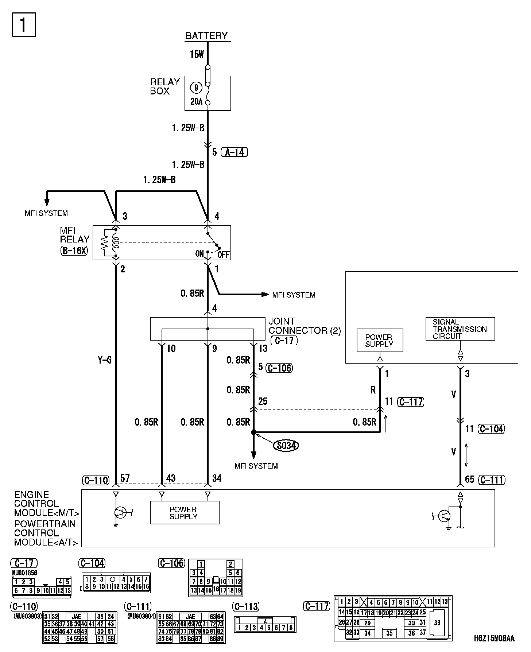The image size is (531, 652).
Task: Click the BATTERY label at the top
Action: click(x=206, y=36)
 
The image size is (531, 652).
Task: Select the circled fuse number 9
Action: click(x=196, y=88)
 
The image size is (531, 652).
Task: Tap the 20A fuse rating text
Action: click(x=196, y=102)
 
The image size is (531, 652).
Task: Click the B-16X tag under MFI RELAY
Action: click(x=74, y=251)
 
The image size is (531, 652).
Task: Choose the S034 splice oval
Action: click(x=286, y=445)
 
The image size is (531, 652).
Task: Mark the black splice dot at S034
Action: click(x=253, y=432)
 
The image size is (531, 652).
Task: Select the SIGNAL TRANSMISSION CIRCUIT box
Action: click(x=460, y=329)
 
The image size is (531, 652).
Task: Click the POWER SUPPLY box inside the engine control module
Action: click(x=185, y=513)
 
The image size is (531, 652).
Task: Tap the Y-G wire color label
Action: click(x=105, y=360)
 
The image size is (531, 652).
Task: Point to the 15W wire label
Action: click(x=197, y=55)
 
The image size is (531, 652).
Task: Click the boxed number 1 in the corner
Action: click(x=24, y=25)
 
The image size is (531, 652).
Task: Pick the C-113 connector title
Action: click(x=245, y=606)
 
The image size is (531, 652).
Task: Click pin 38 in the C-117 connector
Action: click(x=437, y=623)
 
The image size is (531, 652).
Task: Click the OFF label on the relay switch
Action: click(x=224, y=255)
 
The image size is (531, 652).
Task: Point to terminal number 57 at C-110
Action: click(x=125, y=478)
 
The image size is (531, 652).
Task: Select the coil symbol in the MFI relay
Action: click(x=116, y=243)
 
